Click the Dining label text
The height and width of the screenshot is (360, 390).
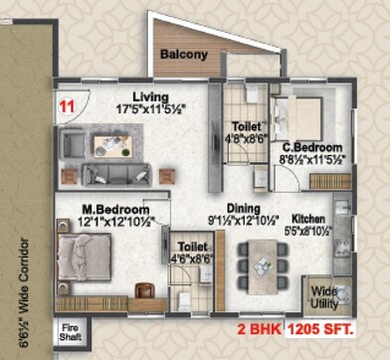(x=244, y=209)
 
